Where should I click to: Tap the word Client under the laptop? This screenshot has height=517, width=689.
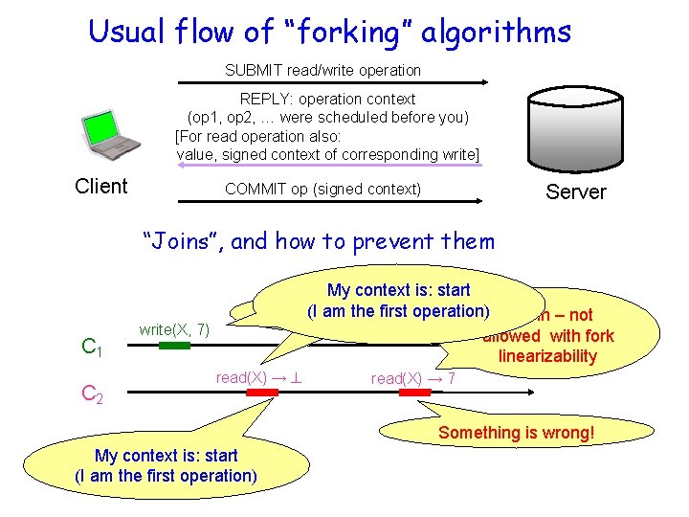tap(101, 186)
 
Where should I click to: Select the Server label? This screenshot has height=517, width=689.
tap(575, 191)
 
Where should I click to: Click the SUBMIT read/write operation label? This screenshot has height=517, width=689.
tap(322, 70)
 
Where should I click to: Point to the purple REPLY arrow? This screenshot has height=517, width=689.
tap(326, 165)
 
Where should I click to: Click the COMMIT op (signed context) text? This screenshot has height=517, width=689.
tap(322, 189)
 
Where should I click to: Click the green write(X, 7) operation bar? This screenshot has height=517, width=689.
tap(174, 346)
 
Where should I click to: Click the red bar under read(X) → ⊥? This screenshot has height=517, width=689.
tap(261, 392)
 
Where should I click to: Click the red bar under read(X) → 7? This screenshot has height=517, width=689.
tap(413, 392)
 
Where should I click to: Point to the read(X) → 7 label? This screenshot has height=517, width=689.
tap(413, 378)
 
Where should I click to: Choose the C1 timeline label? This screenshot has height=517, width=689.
tap(93, 348)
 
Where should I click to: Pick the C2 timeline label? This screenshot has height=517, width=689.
tap(93, 393)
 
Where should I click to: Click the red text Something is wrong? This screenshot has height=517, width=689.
tap(516, 433)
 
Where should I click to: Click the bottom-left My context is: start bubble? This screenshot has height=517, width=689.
tap(166, 465)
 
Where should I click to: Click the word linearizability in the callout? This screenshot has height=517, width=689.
tap(547, 356)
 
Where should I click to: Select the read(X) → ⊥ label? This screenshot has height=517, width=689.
tap(259, 377)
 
